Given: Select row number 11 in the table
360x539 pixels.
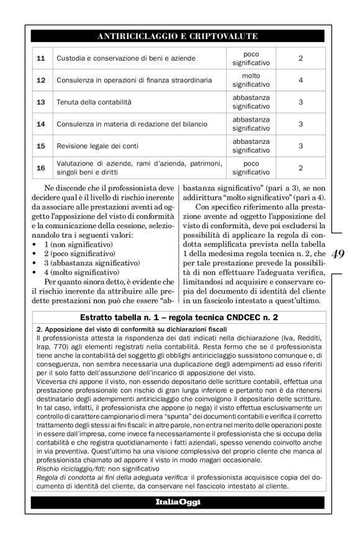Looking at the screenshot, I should [41, 58].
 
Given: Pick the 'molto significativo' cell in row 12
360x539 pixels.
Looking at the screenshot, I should [251, 80].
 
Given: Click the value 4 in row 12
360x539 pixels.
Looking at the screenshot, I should [300, 80].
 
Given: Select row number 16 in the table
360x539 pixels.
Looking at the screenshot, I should [41, 167].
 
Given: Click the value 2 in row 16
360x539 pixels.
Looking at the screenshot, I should [300, 167].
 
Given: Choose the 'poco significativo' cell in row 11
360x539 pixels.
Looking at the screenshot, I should [251, 58].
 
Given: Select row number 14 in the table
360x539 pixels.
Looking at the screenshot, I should [41, 124].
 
